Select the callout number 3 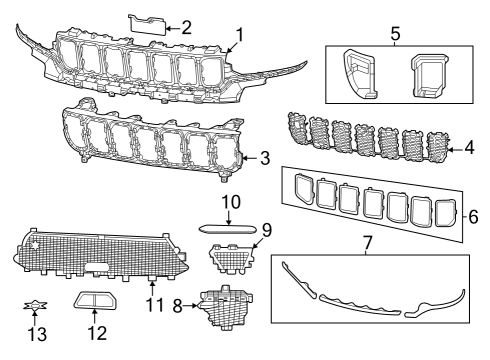[265, 157]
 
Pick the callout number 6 [474, 215]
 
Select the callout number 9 [267, 228]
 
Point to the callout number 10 [231, 203]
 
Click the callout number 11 [151, 299]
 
